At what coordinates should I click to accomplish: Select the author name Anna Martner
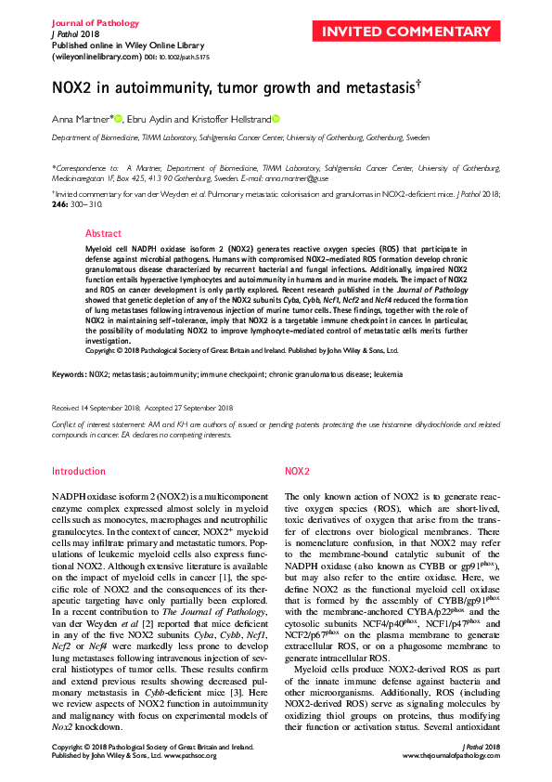click(x=81, y=118)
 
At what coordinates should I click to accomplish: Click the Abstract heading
click(x=103, y=233)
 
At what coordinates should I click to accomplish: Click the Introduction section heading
click(x=79, y=472)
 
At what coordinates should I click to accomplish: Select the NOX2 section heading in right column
click(x=297, y=472)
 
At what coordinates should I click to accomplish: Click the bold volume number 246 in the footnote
click(x=60, y=202)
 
